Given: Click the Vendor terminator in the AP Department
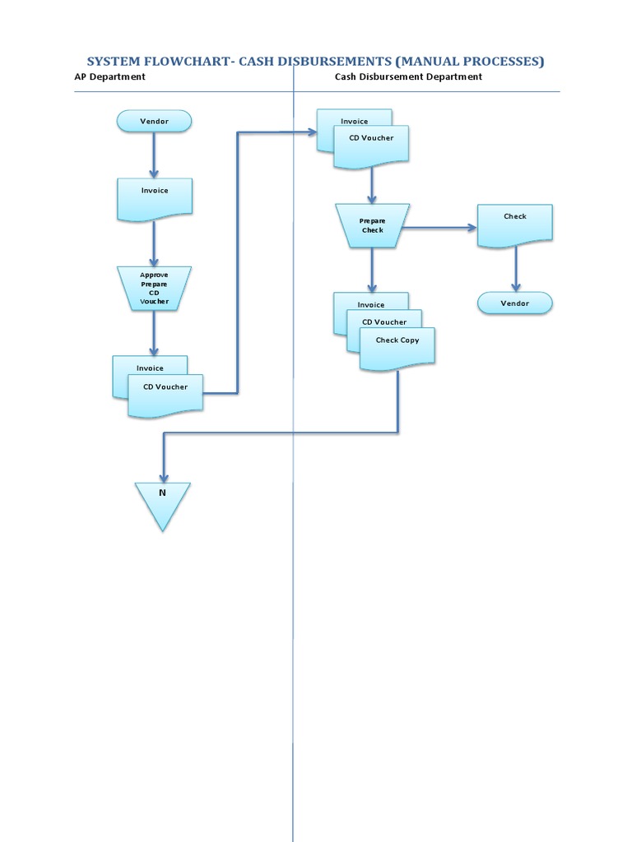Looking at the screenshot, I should pos(154,122).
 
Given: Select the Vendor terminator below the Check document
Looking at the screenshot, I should pos(515,303).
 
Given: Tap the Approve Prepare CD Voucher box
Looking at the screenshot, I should pos(154,288).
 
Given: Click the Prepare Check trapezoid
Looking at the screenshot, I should pos(372,225).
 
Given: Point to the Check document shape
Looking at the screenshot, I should pos(515,224).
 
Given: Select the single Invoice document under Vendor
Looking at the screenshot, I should pos(154,198).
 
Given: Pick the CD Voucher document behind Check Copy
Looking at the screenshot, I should pos(384,321).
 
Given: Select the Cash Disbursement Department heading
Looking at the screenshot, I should pos(408,76).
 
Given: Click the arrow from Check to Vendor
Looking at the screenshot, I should pos(516,268).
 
